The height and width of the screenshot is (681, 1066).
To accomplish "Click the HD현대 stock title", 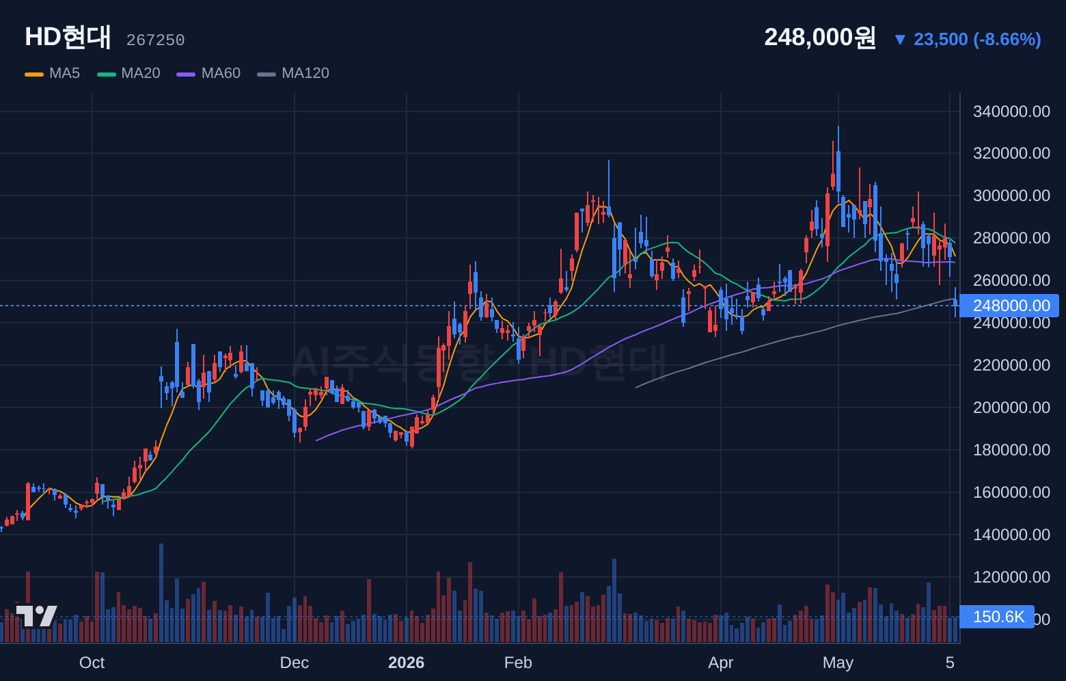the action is tap(68, 37).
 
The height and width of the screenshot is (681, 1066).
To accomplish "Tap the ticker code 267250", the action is tap(155, 40).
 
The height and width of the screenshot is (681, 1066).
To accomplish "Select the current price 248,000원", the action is tap(819, 37).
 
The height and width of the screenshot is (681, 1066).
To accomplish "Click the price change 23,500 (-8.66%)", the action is tap(977, 39).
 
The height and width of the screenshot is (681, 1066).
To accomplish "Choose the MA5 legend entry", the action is tap(53, 73).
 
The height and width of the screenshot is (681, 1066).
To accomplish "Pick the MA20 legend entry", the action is tap(128, 73).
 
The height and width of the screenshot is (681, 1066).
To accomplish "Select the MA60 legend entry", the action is tap(208, 73).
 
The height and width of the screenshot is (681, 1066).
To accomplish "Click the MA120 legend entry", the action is tap(293, 73).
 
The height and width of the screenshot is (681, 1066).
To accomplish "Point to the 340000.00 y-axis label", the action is tap(1011, 111).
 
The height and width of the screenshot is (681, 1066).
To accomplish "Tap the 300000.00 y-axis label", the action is tap(1011, 196).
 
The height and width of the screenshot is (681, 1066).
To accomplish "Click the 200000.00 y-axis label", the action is tap(1011, 408).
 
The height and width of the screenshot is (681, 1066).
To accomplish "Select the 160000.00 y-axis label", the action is tap(1011, 492).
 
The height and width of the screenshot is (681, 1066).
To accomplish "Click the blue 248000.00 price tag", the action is tap(1009, 306).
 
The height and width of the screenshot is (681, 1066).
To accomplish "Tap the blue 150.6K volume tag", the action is tap(997, 617).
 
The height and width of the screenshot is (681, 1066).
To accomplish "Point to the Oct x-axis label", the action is tap(92, 663).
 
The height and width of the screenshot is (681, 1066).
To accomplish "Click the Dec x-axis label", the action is tap(294, 663).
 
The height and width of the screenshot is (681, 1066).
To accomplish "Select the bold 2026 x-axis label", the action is tap(406, 663).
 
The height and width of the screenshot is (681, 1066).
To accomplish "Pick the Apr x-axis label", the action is tap(720, 663).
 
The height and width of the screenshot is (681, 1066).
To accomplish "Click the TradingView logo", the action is tap(36, 616).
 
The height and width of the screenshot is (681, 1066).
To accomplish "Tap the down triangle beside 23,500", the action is tap(900, 40).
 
